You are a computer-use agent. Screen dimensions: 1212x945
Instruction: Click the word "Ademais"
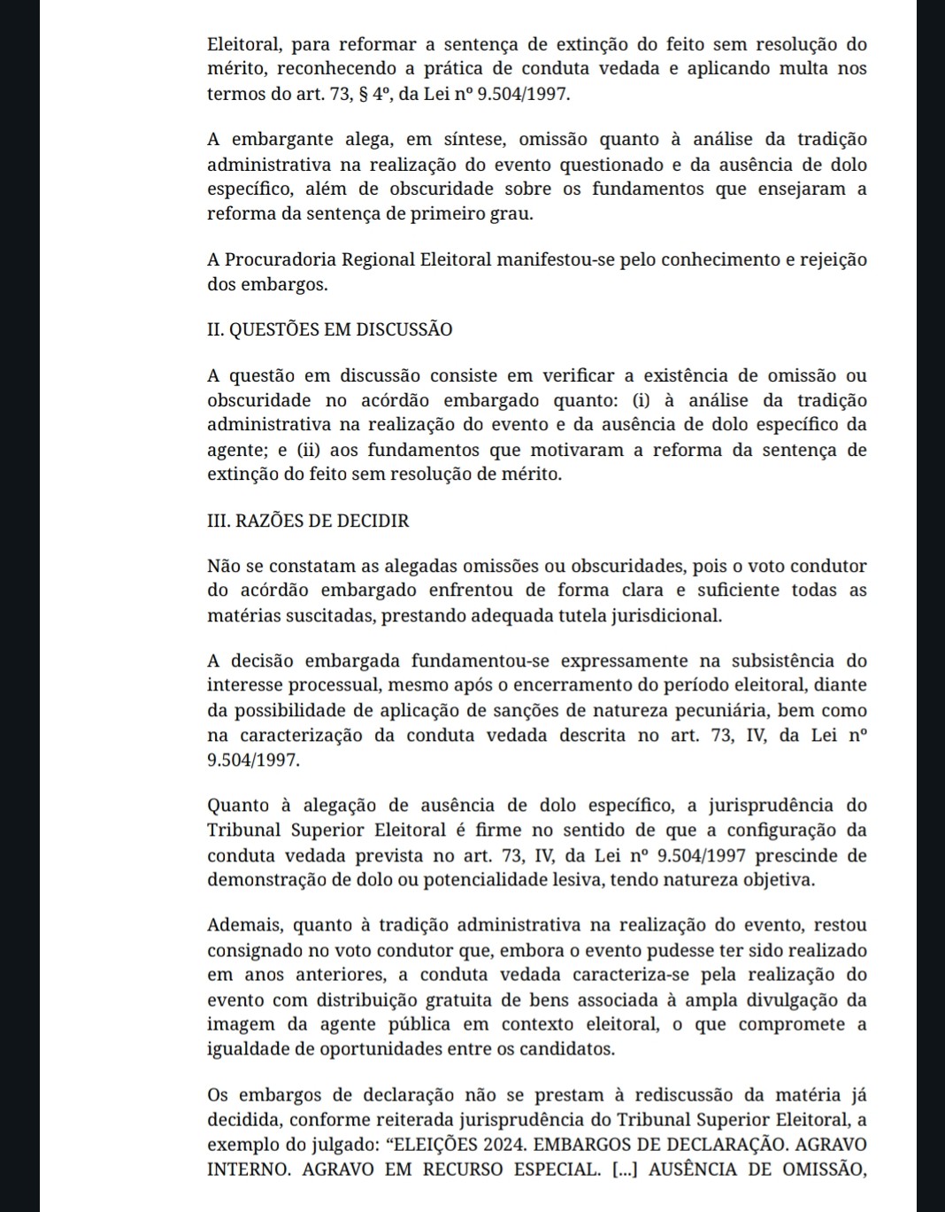(x=244, y=925)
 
